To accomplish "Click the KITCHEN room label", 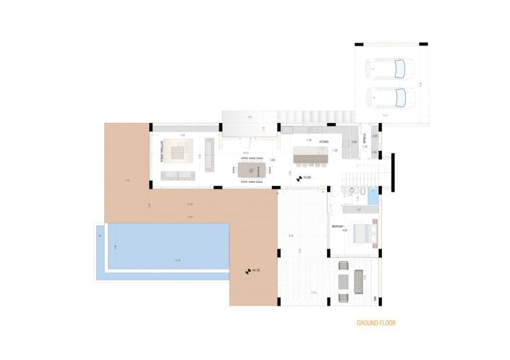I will click(323, 142).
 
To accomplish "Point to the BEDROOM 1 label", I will click(340, 227).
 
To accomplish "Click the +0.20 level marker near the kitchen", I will click(305, 176).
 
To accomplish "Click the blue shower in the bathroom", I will click(372, 194).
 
